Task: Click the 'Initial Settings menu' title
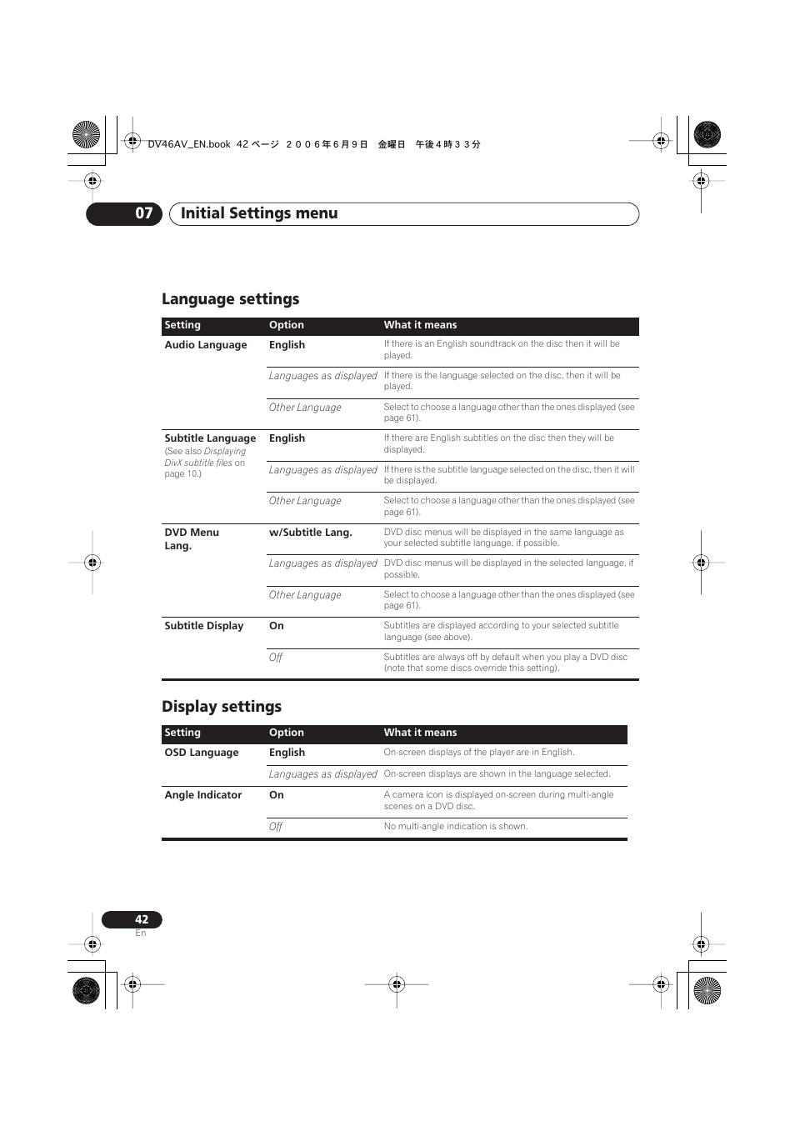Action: tap(259, 213)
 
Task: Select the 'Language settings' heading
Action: tap(230, 299)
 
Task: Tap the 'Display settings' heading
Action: tap(222, 707)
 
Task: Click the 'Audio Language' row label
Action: tap(206, 345)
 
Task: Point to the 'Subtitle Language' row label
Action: tap(210, 438)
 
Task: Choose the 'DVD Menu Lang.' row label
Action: tap(192, 538)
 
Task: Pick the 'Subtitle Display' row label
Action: tap(204, 626)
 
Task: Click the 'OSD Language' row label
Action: tap(202, 753)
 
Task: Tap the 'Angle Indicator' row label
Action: tap(203, 795)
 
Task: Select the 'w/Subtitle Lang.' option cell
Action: tap(311, 533)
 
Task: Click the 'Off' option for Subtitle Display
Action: tap(276, 658)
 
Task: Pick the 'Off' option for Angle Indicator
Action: tap(276, 827)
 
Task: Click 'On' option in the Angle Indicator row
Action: tap(277, 795)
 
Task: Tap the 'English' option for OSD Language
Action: tap(287, 753)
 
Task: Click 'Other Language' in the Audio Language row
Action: tap(305, 408)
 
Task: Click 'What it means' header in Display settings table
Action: tap(420, 733)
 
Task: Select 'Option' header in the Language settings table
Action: tap(287, 325)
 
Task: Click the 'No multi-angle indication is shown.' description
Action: tap(456, 827)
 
